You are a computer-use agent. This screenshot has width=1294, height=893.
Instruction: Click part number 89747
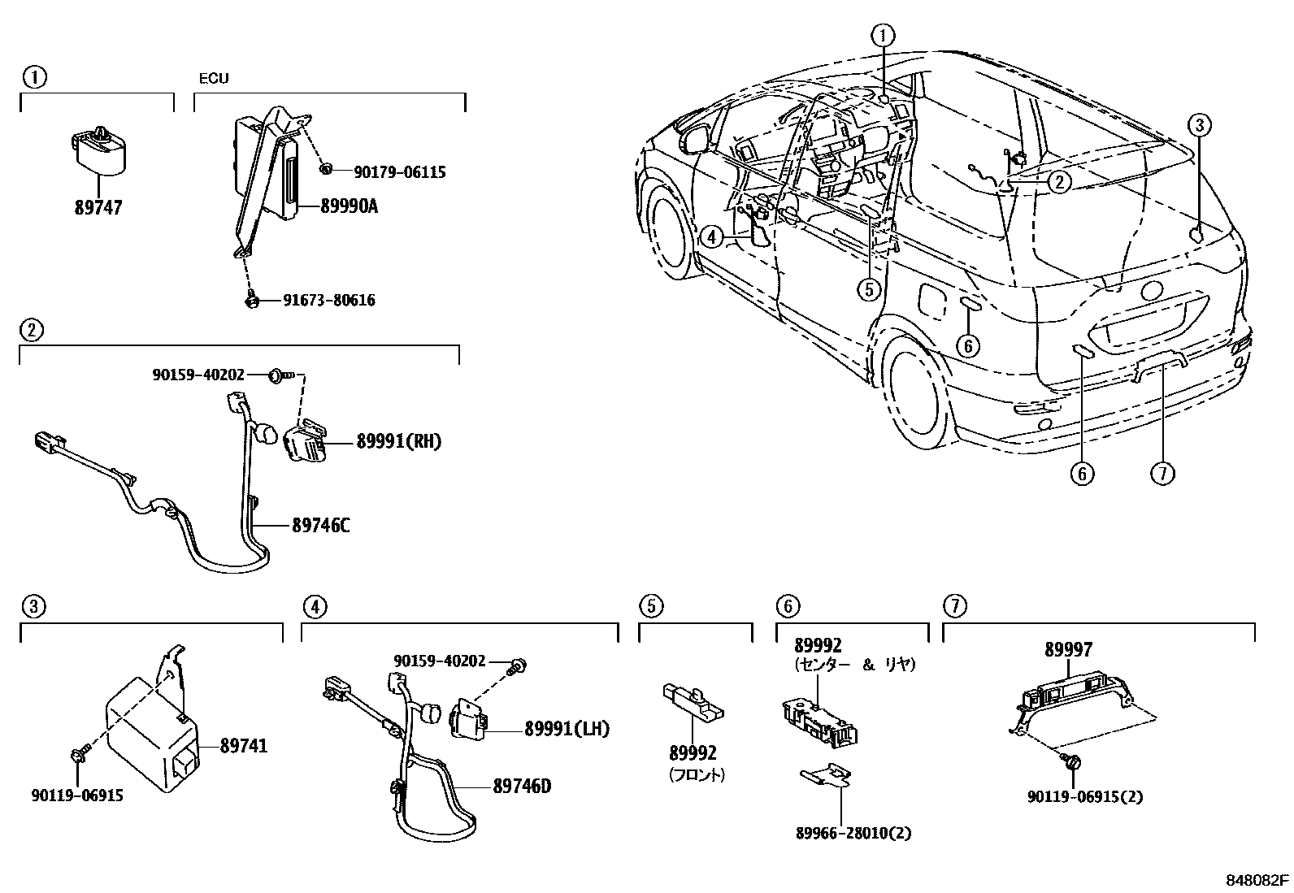[x=98, y=208]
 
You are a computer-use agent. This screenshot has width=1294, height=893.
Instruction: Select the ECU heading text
[x=214, y=79]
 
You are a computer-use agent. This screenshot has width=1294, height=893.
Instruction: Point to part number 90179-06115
[x=400, y=172]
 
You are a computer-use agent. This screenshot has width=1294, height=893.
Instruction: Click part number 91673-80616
[x=328, y=301]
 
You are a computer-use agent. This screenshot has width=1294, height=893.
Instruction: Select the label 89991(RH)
[x=398, y=441]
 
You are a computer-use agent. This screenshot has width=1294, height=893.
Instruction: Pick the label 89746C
[x=321, y=526]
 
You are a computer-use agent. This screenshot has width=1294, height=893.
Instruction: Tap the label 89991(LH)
[x=567, y=729]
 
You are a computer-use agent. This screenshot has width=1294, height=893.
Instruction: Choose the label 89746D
[x=522, y=786]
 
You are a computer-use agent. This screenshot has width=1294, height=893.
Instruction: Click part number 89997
[x=1068, y=649]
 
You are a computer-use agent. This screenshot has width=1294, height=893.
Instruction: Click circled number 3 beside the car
[x=1200, y=125]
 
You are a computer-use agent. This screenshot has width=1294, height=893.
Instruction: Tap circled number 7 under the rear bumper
[x=1163, y=473]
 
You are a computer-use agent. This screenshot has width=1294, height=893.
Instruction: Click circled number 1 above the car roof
[x=884, y=35]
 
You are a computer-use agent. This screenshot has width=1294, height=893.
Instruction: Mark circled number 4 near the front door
[x=710, y=237]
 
